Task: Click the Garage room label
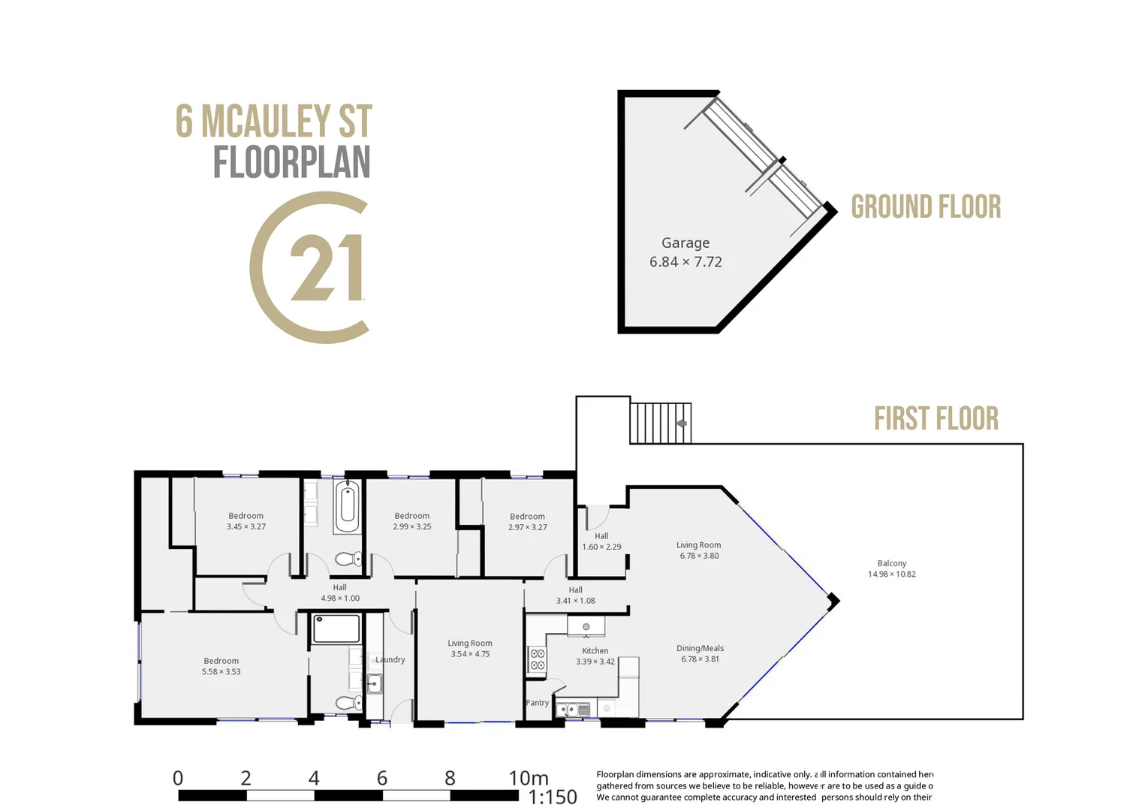tap(685, 243)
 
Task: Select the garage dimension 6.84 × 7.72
tap(685, 262)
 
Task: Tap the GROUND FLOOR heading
tap(925, 207)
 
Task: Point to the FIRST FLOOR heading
tap(936, 419)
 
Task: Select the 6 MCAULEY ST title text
tap(273, 122)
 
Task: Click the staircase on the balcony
tap(659, 424)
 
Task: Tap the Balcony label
tap(891, 563)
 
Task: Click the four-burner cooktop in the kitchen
tap(538, 659)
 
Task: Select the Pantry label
tap(537, 703)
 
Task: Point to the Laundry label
tap(390, 659)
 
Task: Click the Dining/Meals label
tap(700, 648)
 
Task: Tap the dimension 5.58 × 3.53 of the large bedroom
tap(221, 672)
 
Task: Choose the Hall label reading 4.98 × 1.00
tap(339, 593)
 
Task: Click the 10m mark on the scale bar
tap(528, 778)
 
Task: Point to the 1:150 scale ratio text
tap(552, 797)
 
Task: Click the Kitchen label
tap(595, 651)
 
